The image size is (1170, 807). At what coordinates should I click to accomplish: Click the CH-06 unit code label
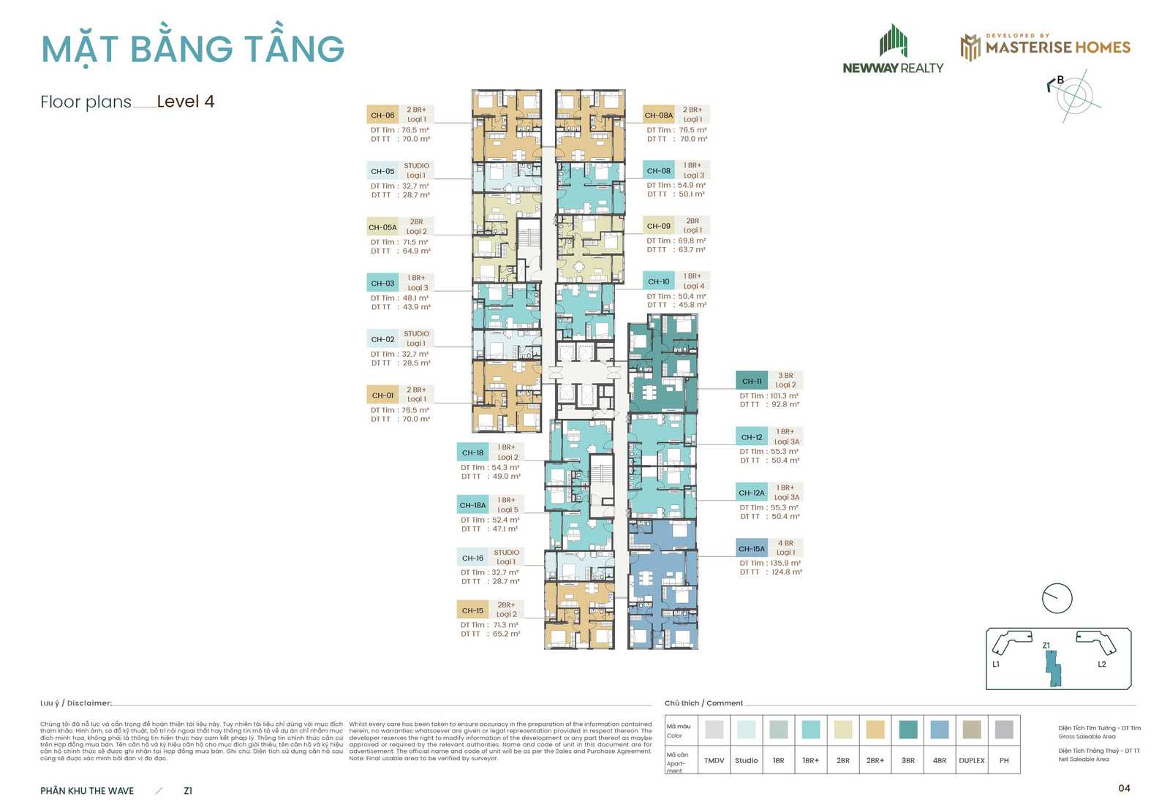382,115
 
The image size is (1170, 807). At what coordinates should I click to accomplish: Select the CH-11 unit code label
752,381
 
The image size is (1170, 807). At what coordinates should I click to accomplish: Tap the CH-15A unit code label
752,548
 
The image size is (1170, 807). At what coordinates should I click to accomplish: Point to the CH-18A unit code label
472,505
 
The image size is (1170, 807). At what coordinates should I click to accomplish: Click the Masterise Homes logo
1045,47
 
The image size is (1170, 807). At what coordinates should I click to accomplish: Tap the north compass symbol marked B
1073,94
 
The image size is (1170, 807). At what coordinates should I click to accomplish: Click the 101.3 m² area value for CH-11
784,395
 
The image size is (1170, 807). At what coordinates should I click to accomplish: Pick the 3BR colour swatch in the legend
907,729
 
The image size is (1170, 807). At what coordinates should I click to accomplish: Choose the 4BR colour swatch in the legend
940,729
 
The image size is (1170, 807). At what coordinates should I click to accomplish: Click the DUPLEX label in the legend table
972,760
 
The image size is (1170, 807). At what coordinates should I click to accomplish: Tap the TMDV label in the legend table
714,760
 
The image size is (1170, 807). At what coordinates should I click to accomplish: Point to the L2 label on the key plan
1102,664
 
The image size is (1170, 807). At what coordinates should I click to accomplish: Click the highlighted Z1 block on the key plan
1053,668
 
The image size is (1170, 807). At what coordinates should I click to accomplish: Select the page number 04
1124,787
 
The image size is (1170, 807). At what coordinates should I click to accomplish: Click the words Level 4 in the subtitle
186,102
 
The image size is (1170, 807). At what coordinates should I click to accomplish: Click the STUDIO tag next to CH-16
506,553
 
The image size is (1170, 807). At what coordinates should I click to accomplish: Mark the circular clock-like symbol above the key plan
1057,598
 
